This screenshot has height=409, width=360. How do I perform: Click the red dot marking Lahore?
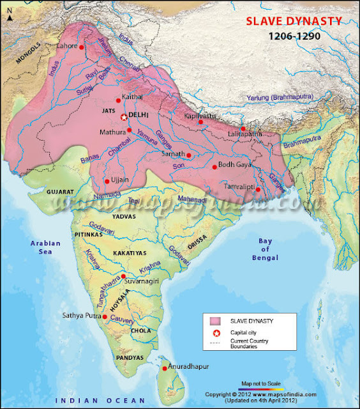(82, 47)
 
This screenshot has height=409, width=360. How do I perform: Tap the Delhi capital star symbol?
(124, 116)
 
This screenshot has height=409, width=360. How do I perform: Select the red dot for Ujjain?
(107, 181)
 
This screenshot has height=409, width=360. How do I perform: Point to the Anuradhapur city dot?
(165, 369)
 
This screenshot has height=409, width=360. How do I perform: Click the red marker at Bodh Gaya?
(214, 167)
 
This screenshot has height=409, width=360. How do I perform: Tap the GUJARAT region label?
(61, 191)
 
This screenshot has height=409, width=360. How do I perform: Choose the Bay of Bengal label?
(266, 249)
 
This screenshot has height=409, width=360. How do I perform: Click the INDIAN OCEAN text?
(93, 399)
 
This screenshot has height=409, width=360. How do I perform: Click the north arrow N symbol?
(9, 19)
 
